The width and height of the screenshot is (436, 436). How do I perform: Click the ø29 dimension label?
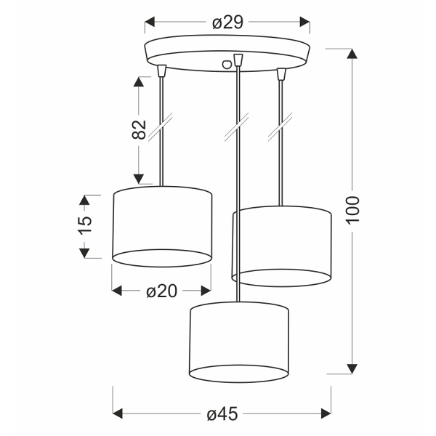pyautogui.click(x=227, y=23)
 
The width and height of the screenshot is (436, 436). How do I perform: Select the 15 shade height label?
pyautogui.click(x=86, y=225)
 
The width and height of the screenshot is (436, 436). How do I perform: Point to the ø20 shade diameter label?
pyautogui.click(x=161, y=291)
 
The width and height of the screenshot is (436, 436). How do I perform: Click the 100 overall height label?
pyautogui.click(x=352, y=211)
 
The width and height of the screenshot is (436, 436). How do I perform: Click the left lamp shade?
pyautogui.click(x=162, y=225)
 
